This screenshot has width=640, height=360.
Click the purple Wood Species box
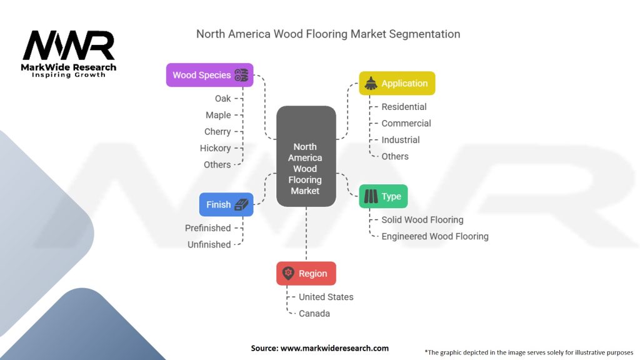click(209, 75)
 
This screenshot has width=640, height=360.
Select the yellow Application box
click(397, 83)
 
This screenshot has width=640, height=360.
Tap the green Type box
click(383, 196)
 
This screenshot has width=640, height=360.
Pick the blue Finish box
click(226, 204)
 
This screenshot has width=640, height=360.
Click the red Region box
click(306, 273)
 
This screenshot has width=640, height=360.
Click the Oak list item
click(222, 99)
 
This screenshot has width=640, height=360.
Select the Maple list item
click(218, 115)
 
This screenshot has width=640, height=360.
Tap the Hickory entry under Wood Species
click(215, 148)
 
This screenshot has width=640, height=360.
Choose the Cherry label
click(217, 132)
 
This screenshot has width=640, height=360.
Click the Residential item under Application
click(404, 107)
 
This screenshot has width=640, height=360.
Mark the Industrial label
click(401, 140)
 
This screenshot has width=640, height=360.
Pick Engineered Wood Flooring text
click(435, 236)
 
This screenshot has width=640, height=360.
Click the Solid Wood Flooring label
click(422, 220)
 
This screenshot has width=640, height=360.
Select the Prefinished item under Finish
click(207, 228)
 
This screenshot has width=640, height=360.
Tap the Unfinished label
click(209, 244)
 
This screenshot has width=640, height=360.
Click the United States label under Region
click(326, 297)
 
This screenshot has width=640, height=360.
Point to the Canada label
click(314, 313)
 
